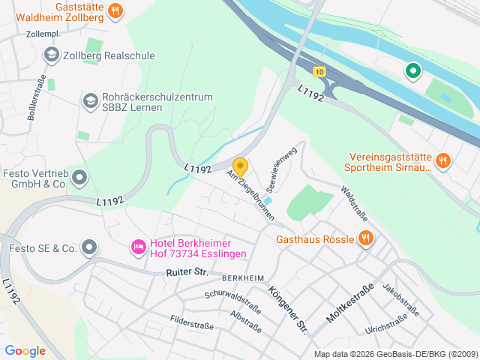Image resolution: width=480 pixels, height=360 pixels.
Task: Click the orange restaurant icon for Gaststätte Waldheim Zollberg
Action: (115, 10)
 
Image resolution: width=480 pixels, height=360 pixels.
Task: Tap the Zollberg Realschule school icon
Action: (52, 54)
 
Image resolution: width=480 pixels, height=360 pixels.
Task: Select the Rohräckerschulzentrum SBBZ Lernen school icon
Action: (90, 100)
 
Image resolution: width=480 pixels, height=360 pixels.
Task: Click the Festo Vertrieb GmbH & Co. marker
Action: (79, 178)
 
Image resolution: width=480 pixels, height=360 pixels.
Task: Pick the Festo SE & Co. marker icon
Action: (90, 247)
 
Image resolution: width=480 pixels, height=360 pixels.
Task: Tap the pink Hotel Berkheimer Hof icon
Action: (138, 247)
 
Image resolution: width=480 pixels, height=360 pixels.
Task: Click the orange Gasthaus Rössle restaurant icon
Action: (365, 238)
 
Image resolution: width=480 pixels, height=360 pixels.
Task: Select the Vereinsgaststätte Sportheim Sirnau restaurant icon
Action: (443, 160)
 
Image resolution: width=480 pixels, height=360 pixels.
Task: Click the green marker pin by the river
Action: (412, 71)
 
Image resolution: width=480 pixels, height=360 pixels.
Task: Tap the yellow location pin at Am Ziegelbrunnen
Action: (240, 166)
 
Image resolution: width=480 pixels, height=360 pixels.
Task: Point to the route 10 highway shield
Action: (320, 72)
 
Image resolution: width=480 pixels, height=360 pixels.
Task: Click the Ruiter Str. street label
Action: (187, 272)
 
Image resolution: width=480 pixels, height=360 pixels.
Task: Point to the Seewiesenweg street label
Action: (282, 167)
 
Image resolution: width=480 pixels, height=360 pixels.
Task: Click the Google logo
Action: (25, 350)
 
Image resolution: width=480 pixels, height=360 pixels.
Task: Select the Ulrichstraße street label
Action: (386, 324)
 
